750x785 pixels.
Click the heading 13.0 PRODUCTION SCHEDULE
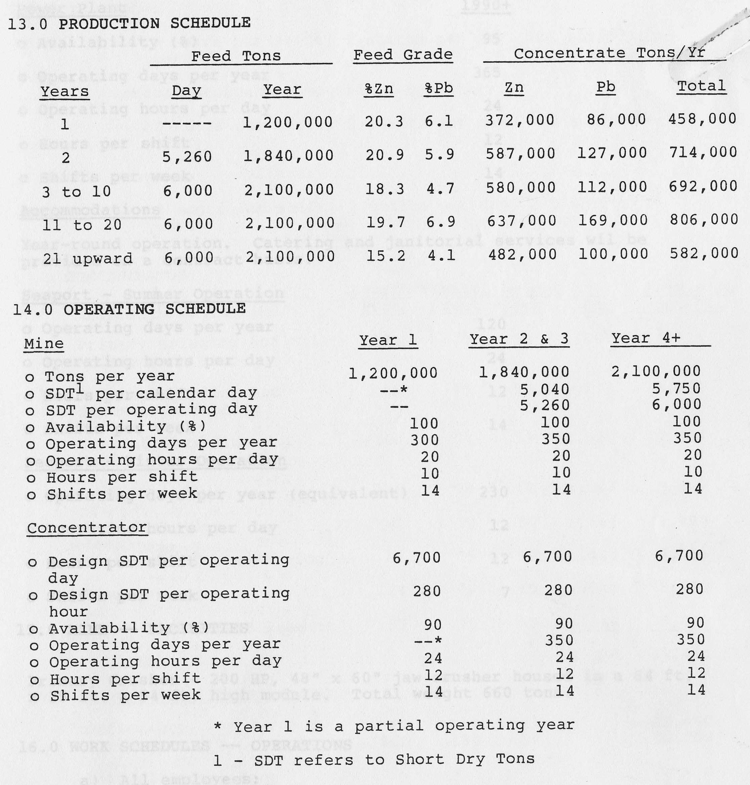(x=129, y=24)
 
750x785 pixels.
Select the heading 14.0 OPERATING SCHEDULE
(x=129, y=309)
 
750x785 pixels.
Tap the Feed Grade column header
(x=403, y=55)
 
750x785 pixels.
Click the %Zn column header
(x=379, y=89)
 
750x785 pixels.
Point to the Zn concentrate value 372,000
(x=520, y=120)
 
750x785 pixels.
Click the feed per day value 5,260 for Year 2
(x=187, y=156)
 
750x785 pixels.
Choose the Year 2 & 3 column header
(x=519, y=339)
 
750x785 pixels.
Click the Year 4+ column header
(x=645, y=339)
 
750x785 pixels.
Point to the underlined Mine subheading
(x=44, y=344)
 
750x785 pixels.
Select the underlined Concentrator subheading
(x=87, y=528)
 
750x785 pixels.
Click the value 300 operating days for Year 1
(x=425, y=440)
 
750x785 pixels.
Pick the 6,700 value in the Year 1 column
(x=416, y=558)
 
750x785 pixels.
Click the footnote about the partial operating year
(x=394, y=726)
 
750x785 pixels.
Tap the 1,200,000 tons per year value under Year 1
(x=393, y=373)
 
